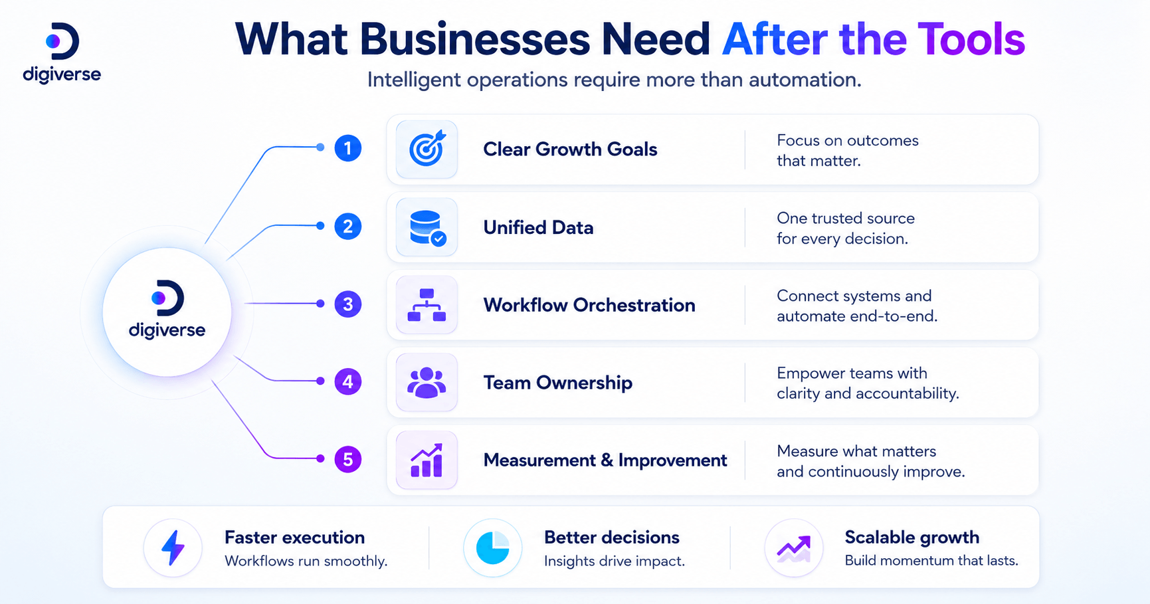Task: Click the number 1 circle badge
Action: click(347, 148)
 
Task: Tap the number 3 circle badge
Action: click(347, 304)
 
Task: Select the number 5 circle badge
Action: click(347, 459)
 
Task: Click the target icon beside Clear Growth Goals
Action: click(427, 148)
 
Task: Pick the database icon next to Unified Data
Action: click(427, 227)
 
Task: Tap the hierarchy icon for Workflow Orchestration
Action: click(427, 305)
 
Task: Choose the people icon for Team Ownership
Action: click(427, 383)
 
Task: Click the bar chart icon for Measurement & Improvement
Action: click(427, 460)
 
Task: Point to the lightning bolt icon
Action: click(173, 548)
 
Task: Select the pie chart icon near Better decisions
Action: click(492, 548)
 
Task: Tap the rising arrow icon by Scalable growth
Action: click(794, 548)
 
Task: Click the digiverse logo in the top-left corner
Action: click(62, 53)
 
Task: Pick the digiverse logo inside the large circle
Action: click(167, 310)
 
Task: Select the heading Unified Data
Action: click(538, 227)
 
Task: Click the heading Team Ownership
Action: click(558, 383)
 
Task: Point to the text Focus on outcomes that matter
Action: click(848, 150)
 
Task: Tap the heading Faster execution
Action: click(295, 537)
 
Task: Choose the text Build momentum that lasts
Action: click(931, 560)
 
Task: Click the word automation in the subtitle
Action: click(805, 80)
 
